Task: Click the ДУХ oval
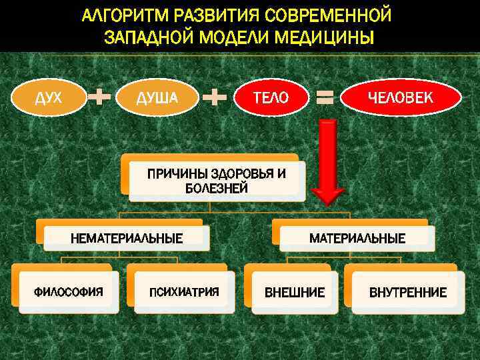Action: click(49, 98)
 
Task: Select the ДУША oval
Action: click(157, 98)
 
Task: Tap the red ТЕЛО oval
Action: click(271, 98)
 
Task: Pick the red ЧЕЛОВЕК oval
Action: click(401, 98)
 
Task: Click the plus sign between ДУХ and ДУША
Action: click(99, 98)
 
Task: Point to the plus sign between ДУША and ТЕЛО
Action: click(215, 98)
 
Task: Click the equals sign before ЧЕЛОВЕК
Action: click(325, 99)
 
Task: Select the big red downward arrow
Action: click(327, 160)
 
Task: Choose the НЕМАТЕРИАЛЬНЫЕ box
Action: click(127, 238)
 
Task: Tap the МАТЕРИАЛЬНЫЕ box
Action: click(357, 238)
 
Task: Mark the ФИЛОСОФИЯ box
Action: click(69, 292)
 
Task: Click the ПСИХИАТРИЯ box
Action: click(184, 292)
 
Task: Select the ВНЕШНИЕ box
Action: click(295, 292)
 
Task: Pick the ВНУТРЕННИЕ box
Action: click(408, 292)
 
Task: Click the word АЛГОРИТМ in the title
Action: click(127, 15)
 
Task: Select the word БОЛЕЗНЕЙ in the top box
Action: click(217, 188)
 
